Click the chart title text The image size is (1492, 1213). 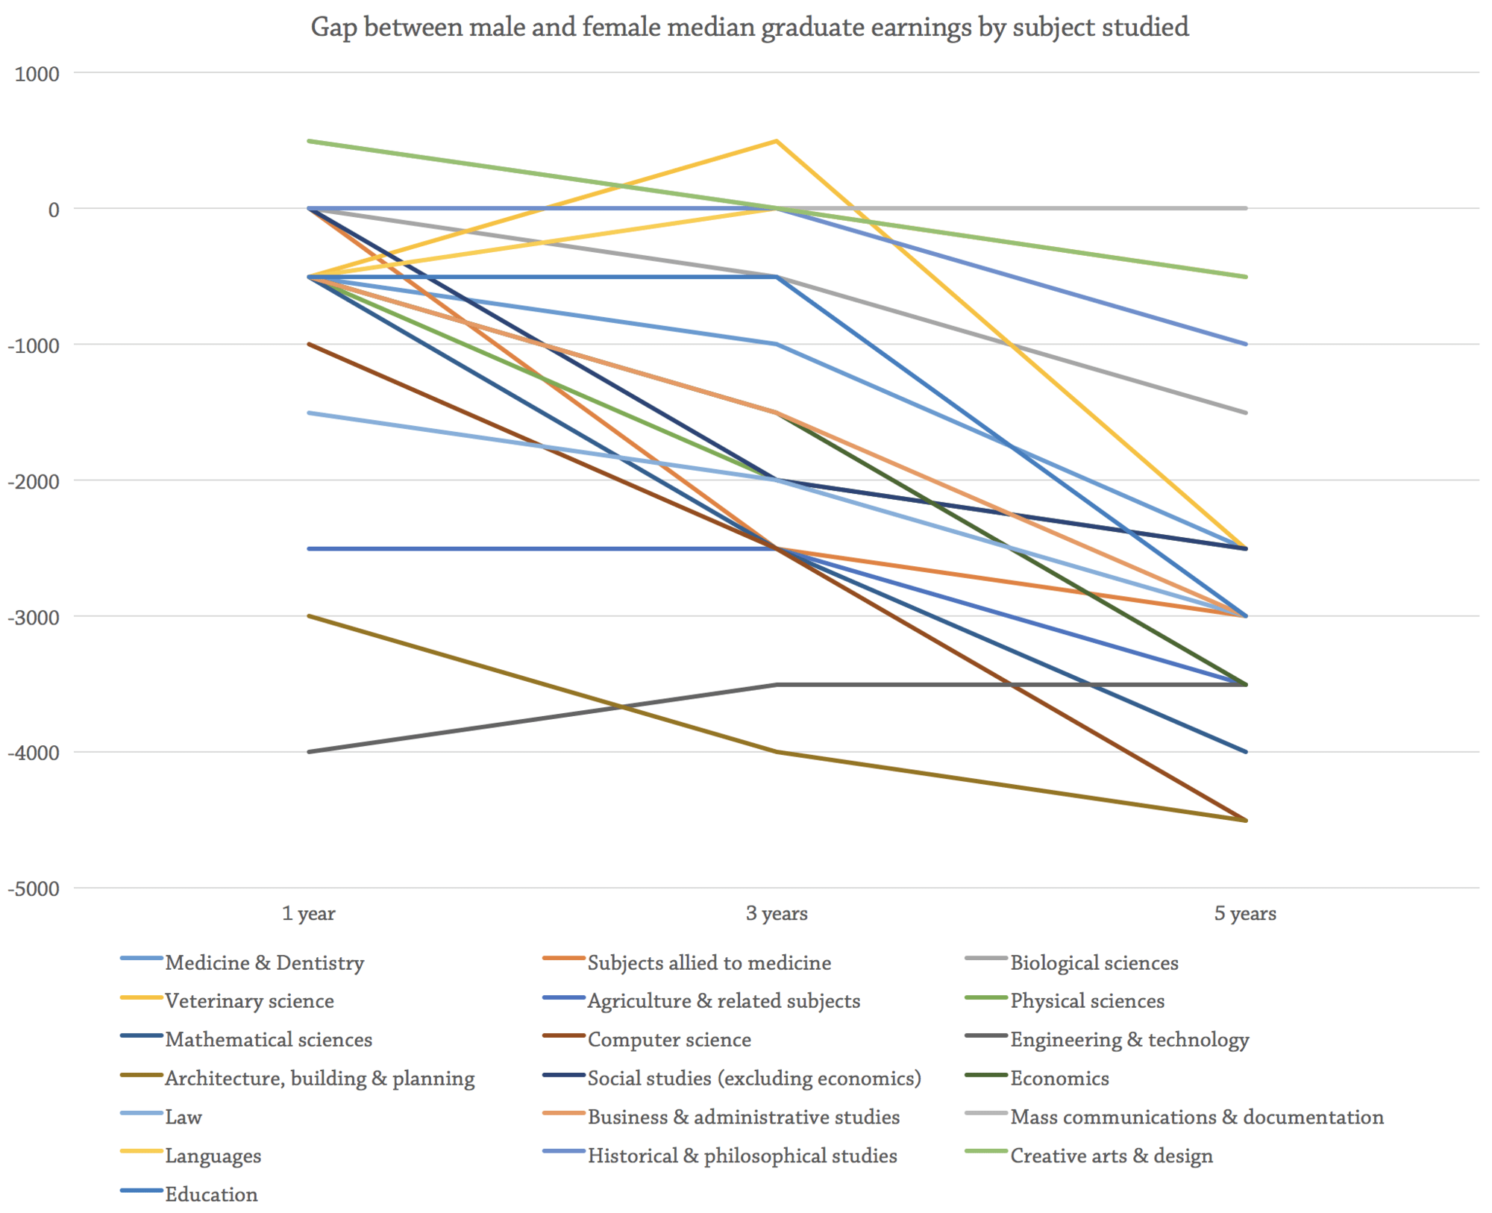[x=749, y=27]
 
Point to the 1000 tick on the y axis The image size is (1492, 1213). [x=37, y=74]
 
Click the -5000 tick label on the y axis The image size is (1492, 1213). [x=34, y=889]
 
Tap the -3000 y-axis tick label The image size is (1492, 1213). [x=34, y=618]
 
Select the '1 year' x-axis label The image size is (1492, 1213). [x=308, y=913]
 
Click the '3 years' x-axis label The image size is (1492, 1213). [x=777, y=913]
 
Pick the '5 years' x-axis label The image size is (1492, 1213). [x=1245, y=913]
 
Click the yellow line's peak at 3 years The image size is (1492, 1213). [x=777, y=141]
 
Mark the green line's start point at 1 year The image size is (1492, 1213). [x=309, y=141]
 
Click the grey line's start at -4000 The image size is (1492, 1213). [x=309, y=752]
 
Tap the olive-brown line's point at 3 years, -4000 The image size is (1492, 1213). [x=777, y=752]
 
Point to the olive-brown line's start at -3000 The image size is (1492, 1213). [x=309, y=616]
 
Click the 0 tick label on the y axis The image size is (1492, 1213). [x=53, y=210]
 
